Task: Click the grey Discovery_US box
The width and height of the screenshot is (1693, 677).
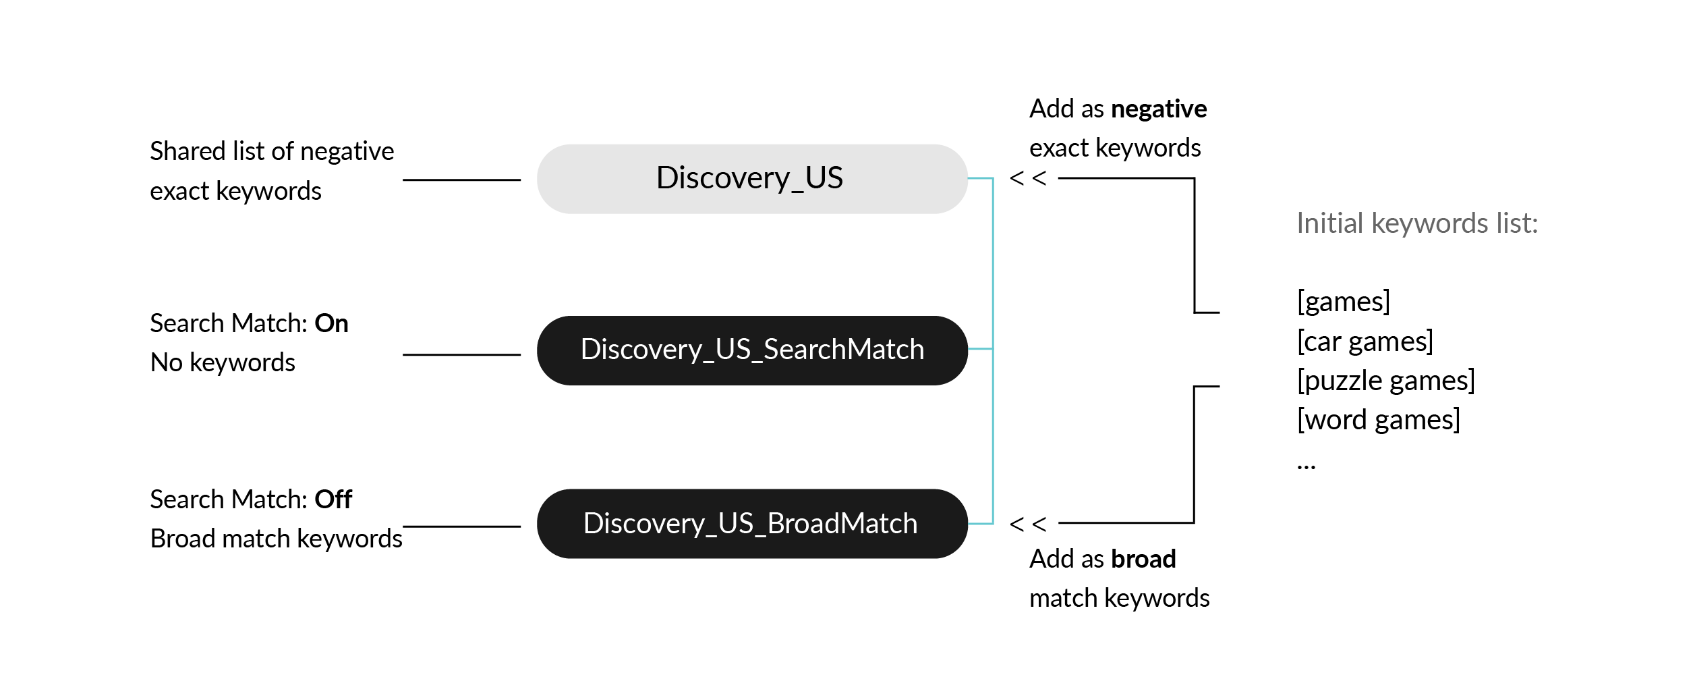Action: pos(752,179)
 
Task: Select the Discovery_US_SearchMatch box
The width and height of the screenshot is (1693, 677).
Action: pos(752,350)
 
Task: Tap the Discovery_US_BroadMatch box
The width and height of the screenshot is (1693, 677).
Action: pos(752,524)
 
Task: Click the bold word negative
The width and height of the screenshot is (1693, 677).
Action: pos(1159,109)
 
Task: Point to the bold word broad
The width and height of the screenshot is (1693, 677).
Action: pos(1143,559)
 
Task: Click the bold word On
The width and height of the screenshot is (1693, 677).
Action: pos(331,323)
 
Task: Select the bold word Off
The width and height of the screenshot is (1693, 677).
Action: pos(333,499)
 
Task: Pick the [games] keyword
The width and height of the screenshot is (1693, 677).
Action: pos(1344,302)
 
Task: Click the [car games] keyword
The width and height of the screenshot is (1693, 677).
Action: pos(1365,342)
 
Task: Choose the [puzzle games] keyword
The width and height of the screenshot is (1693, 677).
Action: pos(1386,381)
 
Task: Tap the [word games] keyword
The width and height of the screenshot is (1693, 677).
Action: pos(1379,420)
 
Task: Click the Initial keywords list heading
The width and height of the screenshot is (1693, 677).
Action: pos(1417,223)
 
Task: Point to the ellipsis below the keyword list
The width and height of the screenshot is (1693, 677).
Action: pos(1307,466)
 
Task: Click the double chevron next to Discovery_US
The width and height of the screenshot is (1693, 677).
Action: pos(1028,178)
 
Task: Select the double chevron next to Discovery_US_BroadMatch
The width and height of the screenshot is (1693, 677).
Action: pos(1028,524)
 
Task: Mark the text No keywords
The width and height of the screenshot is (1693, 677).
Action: pos(223,363)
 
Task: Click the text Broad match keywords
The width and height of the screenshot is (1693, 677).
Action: pos(277,539)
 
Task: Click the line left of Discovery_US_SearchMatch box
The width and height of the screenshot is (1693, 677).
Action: pos(461,354)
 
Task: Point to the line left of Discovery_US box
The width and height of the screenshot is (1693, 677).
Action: pos(461,180)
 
